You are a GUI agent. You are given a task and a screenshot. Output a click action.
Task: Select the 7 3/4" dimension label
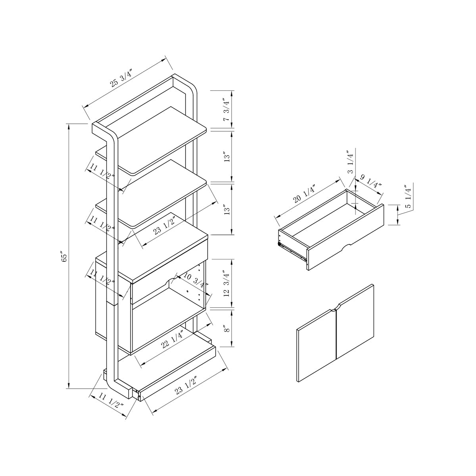226,110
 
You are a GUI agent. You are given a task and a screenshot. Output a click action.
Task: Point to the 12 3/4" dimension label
226,283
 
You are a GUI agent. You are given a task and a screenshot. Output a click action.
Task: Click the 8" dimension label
226,329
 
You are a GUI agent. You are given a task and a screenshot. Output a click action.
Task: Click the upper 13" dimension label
226,157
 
